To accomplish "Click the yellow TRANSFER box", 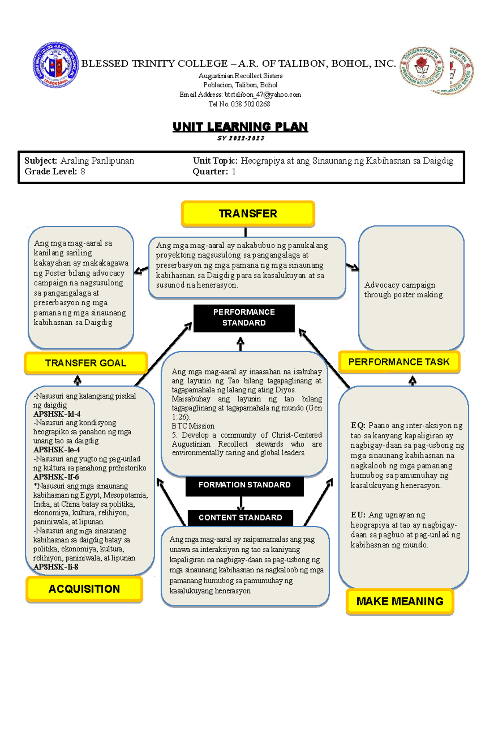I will (248, 213).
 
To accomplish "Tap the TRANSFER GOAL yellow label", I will (85, 363).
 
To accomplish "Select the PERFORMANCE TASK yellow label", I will (399, 362).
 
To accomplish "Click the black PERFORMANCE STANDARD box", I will (244, 318).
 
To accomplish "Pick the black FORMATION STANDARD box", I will (244, 485).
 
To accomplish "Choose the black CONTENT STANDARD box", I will (240, 518).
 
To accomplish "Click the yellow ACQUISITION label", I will (84, 589).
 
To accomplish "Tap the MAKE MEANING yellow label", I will (400, 601).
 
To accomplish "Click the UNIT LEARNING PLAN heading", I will (240, 127).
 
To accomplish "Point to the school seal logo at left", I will (55, 65).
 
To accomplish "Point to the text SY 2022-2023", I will (240, 138).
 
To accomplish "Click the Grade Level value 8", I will (83, 172).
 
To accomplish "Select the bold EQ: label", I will (358, 426).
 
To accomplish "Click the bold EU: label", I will (358, 515).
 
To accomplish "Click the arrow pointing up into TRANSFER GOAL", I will (77, 380).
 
